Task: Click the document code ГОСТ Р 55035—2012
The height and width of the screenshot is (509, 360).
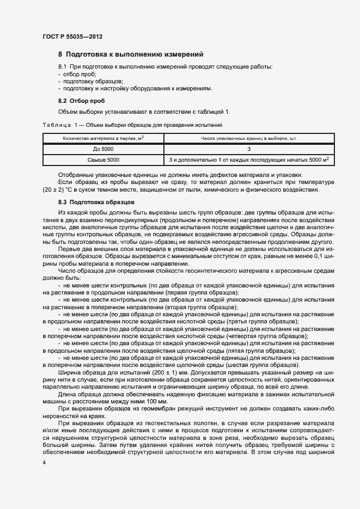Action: point(72,36)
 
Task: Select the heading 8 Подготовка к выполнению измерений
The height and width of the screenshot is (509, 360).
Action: point(131,54)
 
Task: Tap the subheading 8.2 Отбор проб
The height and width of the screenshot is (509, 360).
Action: point(82,101)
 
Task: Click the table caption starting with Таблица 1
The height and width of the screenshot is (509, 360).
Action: point(132,125)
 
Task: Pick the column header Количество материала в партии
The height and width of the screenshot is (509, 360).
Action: point(103,139)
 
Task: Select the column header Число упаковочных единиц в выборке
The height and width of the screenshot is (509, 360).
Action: point(248,139)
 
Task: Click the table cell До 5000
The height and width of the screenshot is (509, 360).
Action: point(103,149)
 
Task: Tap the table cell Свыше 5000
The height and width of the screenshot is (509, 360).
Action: point(103,160)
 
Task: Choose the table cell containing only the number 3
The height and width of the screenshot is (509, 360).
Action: point(248,149)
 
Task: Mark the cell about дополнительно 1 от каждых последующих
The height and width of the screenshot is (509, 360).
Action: point(248,160)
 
